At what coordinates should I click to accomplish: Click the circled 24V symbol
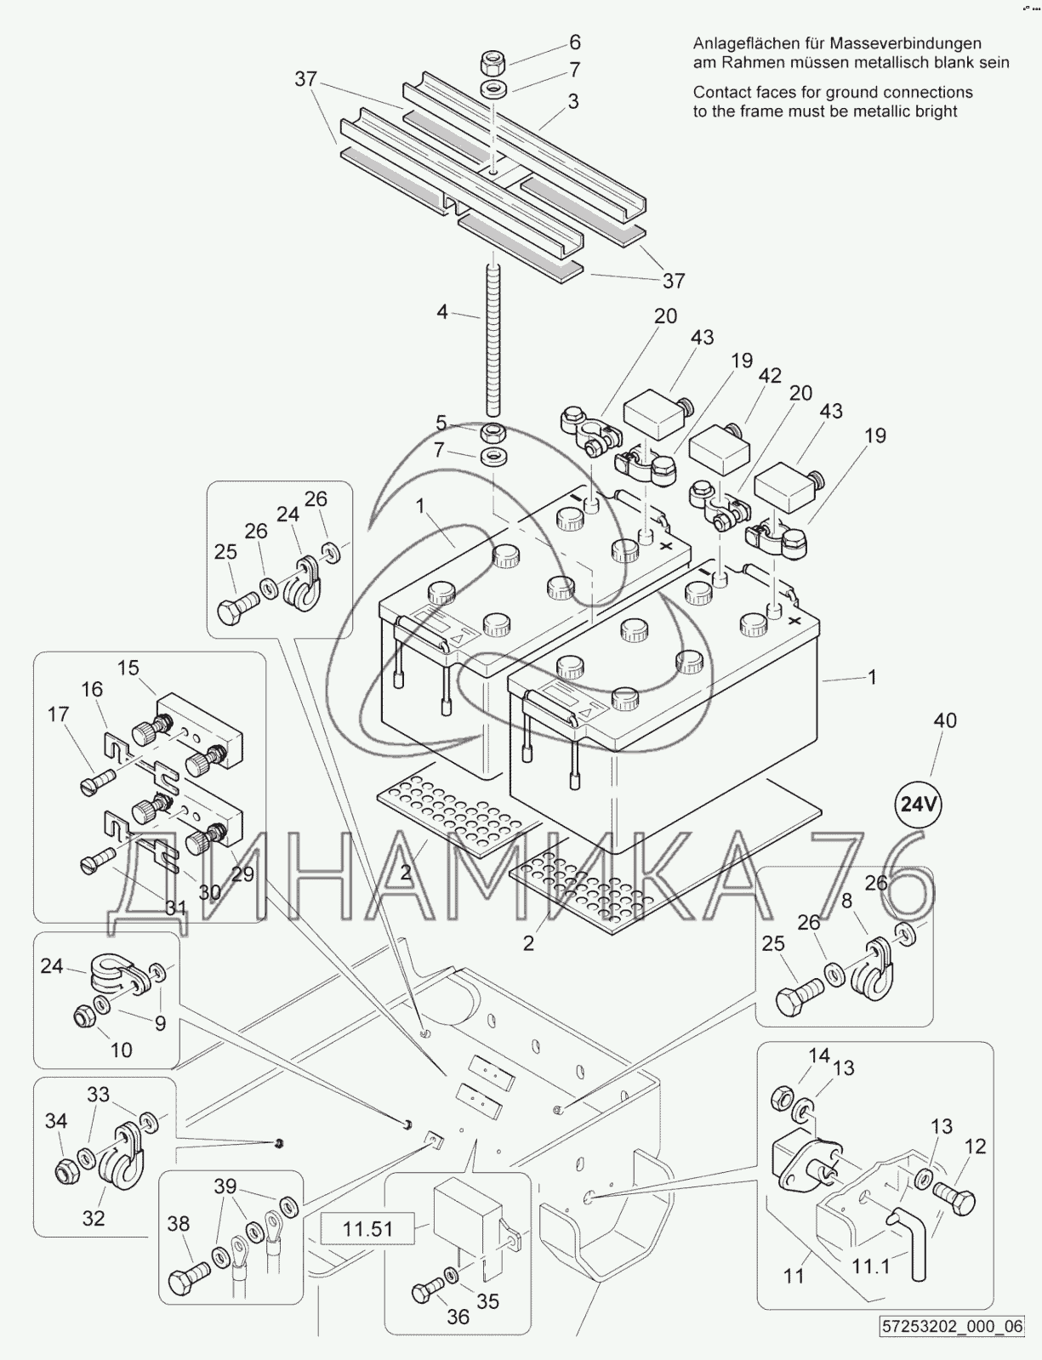pyautogui.click(x=919, y=804)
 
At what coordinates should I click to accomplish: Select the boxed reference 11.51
pyautogui.click(x=367, y=1228)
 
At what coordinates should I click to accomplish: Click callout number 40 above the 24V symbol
pyautogui.click(x=945, y=720)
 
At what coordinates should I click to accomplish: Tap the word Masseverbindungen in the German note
pyautogui.click(x=906, y=43)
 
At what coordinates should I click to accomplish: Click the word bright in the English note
pyautogui.click(x=936, y=111)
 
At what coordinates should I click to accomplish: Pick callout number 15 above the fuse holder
pyautogui.click(x=128, y=667)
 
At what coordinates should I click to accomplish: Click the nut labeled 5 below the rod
pyautogui.click(x=493, y=432)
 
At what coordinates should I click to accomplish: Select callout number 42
pyautogui.click(x=770, y=376)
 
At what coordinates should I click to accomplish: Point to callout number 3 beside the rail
pyautogui.click(x=573, y=101)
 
